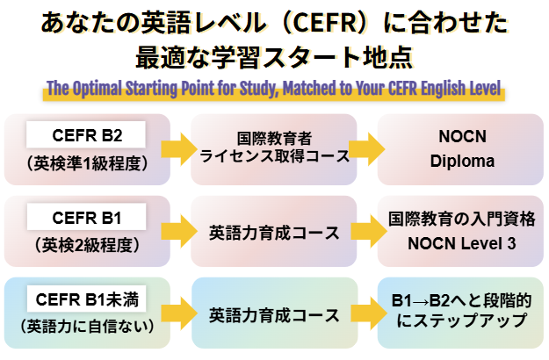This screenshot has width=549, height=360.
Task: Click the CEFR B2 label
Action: [x=87, y=136]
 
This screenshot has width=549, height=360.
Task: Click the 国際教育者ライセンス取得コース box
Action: [x=274, y=149]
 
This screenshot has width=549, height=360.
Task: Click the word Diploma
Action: [x=462, y=162]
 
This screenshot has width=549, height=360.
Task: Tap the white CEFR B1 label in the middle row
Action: [x=87, y=218]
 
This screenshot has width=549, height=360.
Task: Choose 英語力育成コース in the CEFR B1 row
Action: [x=274, y=233]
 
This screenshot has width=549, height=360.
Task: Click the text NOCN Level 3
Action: [x=461, y=244]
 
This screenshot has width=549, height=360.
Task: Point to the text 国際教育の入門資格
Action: [x=461, y=219]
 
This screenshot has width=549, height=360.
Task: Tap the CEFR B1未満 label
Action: [x=87, y=299]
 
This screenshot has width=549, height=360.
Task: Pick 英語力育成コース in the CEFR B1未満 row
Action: [x=274, y=313]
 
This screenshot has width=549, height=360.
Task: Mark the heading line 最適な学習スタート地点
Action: [x=274, y=58]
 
